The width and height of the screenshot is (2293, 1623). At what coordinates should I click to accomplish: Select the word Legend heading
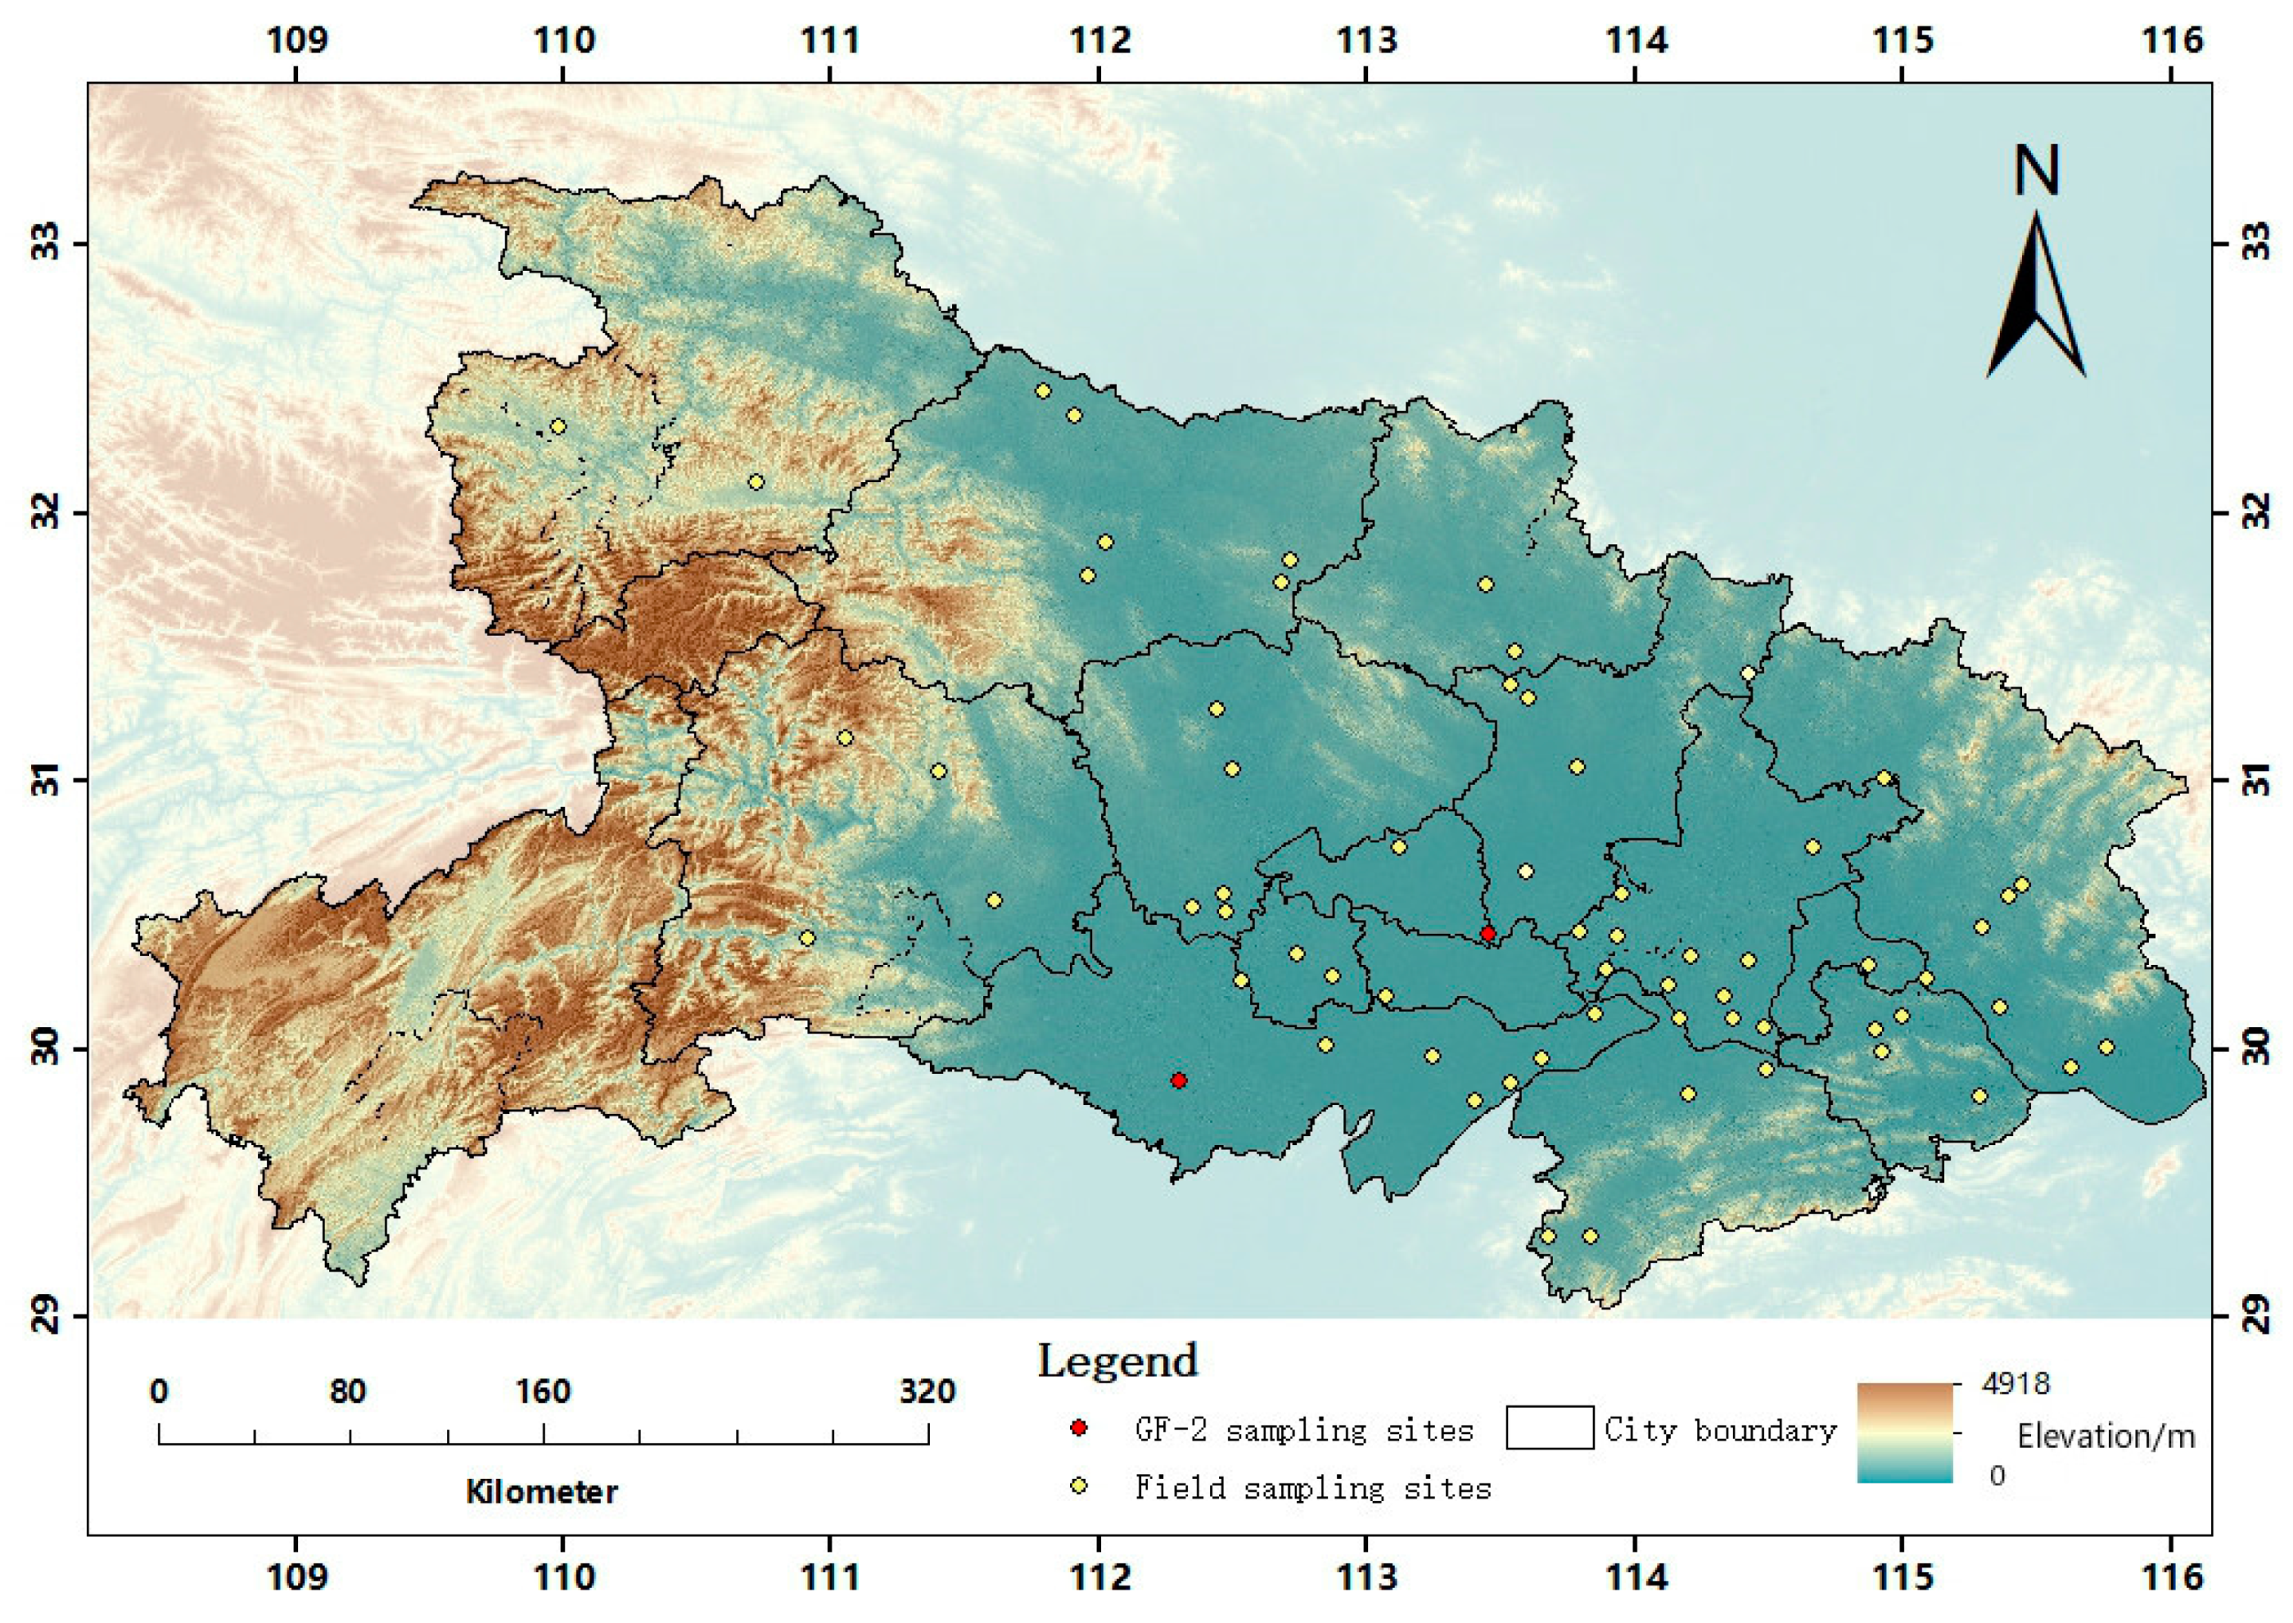1116,1361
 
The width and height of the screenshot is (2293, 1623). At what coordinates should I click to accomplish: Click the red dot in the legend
1078,1428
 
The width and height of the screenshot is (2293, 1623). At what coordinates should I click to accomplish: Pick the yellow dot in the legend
1078,1487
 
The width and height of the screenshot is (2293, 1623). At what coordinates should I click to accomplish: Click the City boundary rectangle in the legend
1549,1428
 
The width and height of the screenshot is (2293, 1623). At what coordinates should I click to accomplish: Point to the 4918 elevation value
2015,1384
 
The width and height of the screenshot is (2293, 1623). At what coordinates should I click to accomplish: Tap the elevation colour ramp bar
1904,1432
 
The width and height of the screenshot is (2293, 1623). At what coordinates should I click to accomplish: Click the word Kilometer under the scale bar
542,1492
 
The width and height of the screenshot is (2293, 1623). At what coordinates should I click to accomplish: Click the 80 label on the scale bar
347,1391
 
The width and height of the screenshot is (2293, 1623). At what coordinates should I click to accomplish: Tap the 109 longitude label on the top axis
296,41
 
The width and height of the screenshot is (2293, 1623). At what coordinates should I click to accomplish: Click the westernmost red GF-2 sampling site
1179,1080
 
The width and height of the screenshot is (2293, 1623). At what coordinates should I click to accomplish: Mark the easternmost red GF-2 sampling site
1488,934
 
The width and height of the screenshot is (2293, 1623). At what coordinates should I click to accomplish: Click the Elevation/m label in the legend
2105,1436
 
